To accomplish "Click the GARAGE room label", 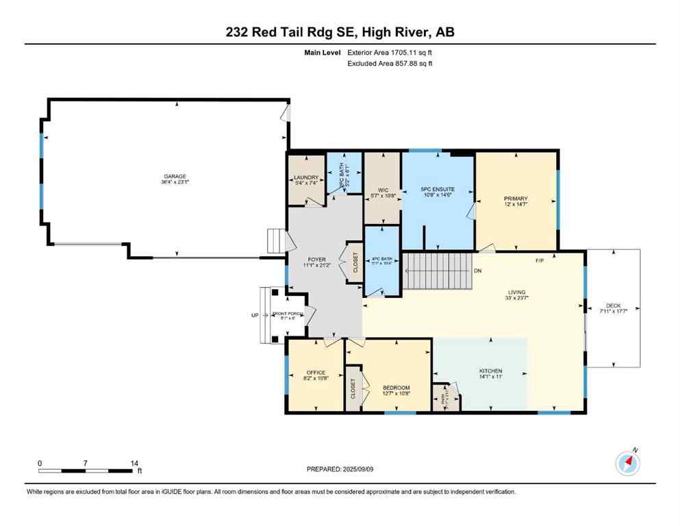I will coord(174,176).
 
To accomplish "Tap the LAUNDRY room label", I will coord(305,177).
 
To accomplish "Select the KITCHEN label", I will coord(490,371).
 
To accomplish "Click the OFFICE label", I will coord(316,373).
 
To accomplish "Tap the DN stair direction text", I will coord(477,271).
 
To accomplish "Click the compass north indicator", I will coord(627,463).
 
